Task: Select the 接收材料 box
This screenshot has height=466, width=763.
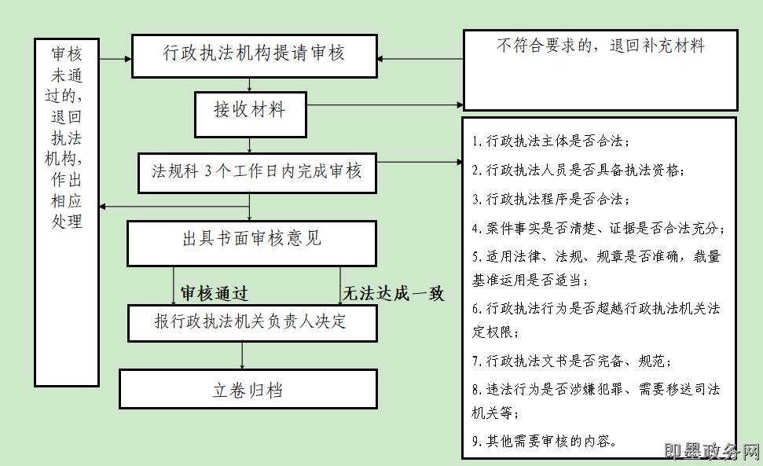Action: (x=250, y=110)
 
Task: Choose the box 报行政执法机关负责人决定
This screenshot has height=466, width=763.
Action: (x=251, y=321)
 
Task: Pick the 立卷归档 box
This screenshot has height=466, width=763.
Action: (x=248, y=390)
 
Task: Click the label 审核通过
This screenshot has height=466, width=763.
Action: (x=214, y=294)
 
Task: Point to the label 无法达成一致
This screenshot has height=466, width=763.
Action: (x=394, y=294)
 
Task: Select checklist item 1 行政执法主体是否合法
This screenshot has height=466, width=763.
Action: (x=551, y=141)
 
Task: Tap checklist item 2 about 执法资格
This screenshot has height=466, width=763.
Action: (x=578, y=171)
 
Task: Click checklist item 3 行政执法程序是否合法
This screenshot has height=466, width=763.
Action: (x=551, y=200)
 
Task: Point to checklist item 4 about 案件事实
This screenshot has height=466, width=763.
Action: (x=598, y=229)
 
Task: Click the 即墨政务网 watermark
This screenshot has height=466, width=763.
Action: (x=712, y=452)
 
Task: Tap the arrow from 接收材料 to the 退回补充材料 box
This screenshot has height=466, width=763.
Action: (x=385, y=105)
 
